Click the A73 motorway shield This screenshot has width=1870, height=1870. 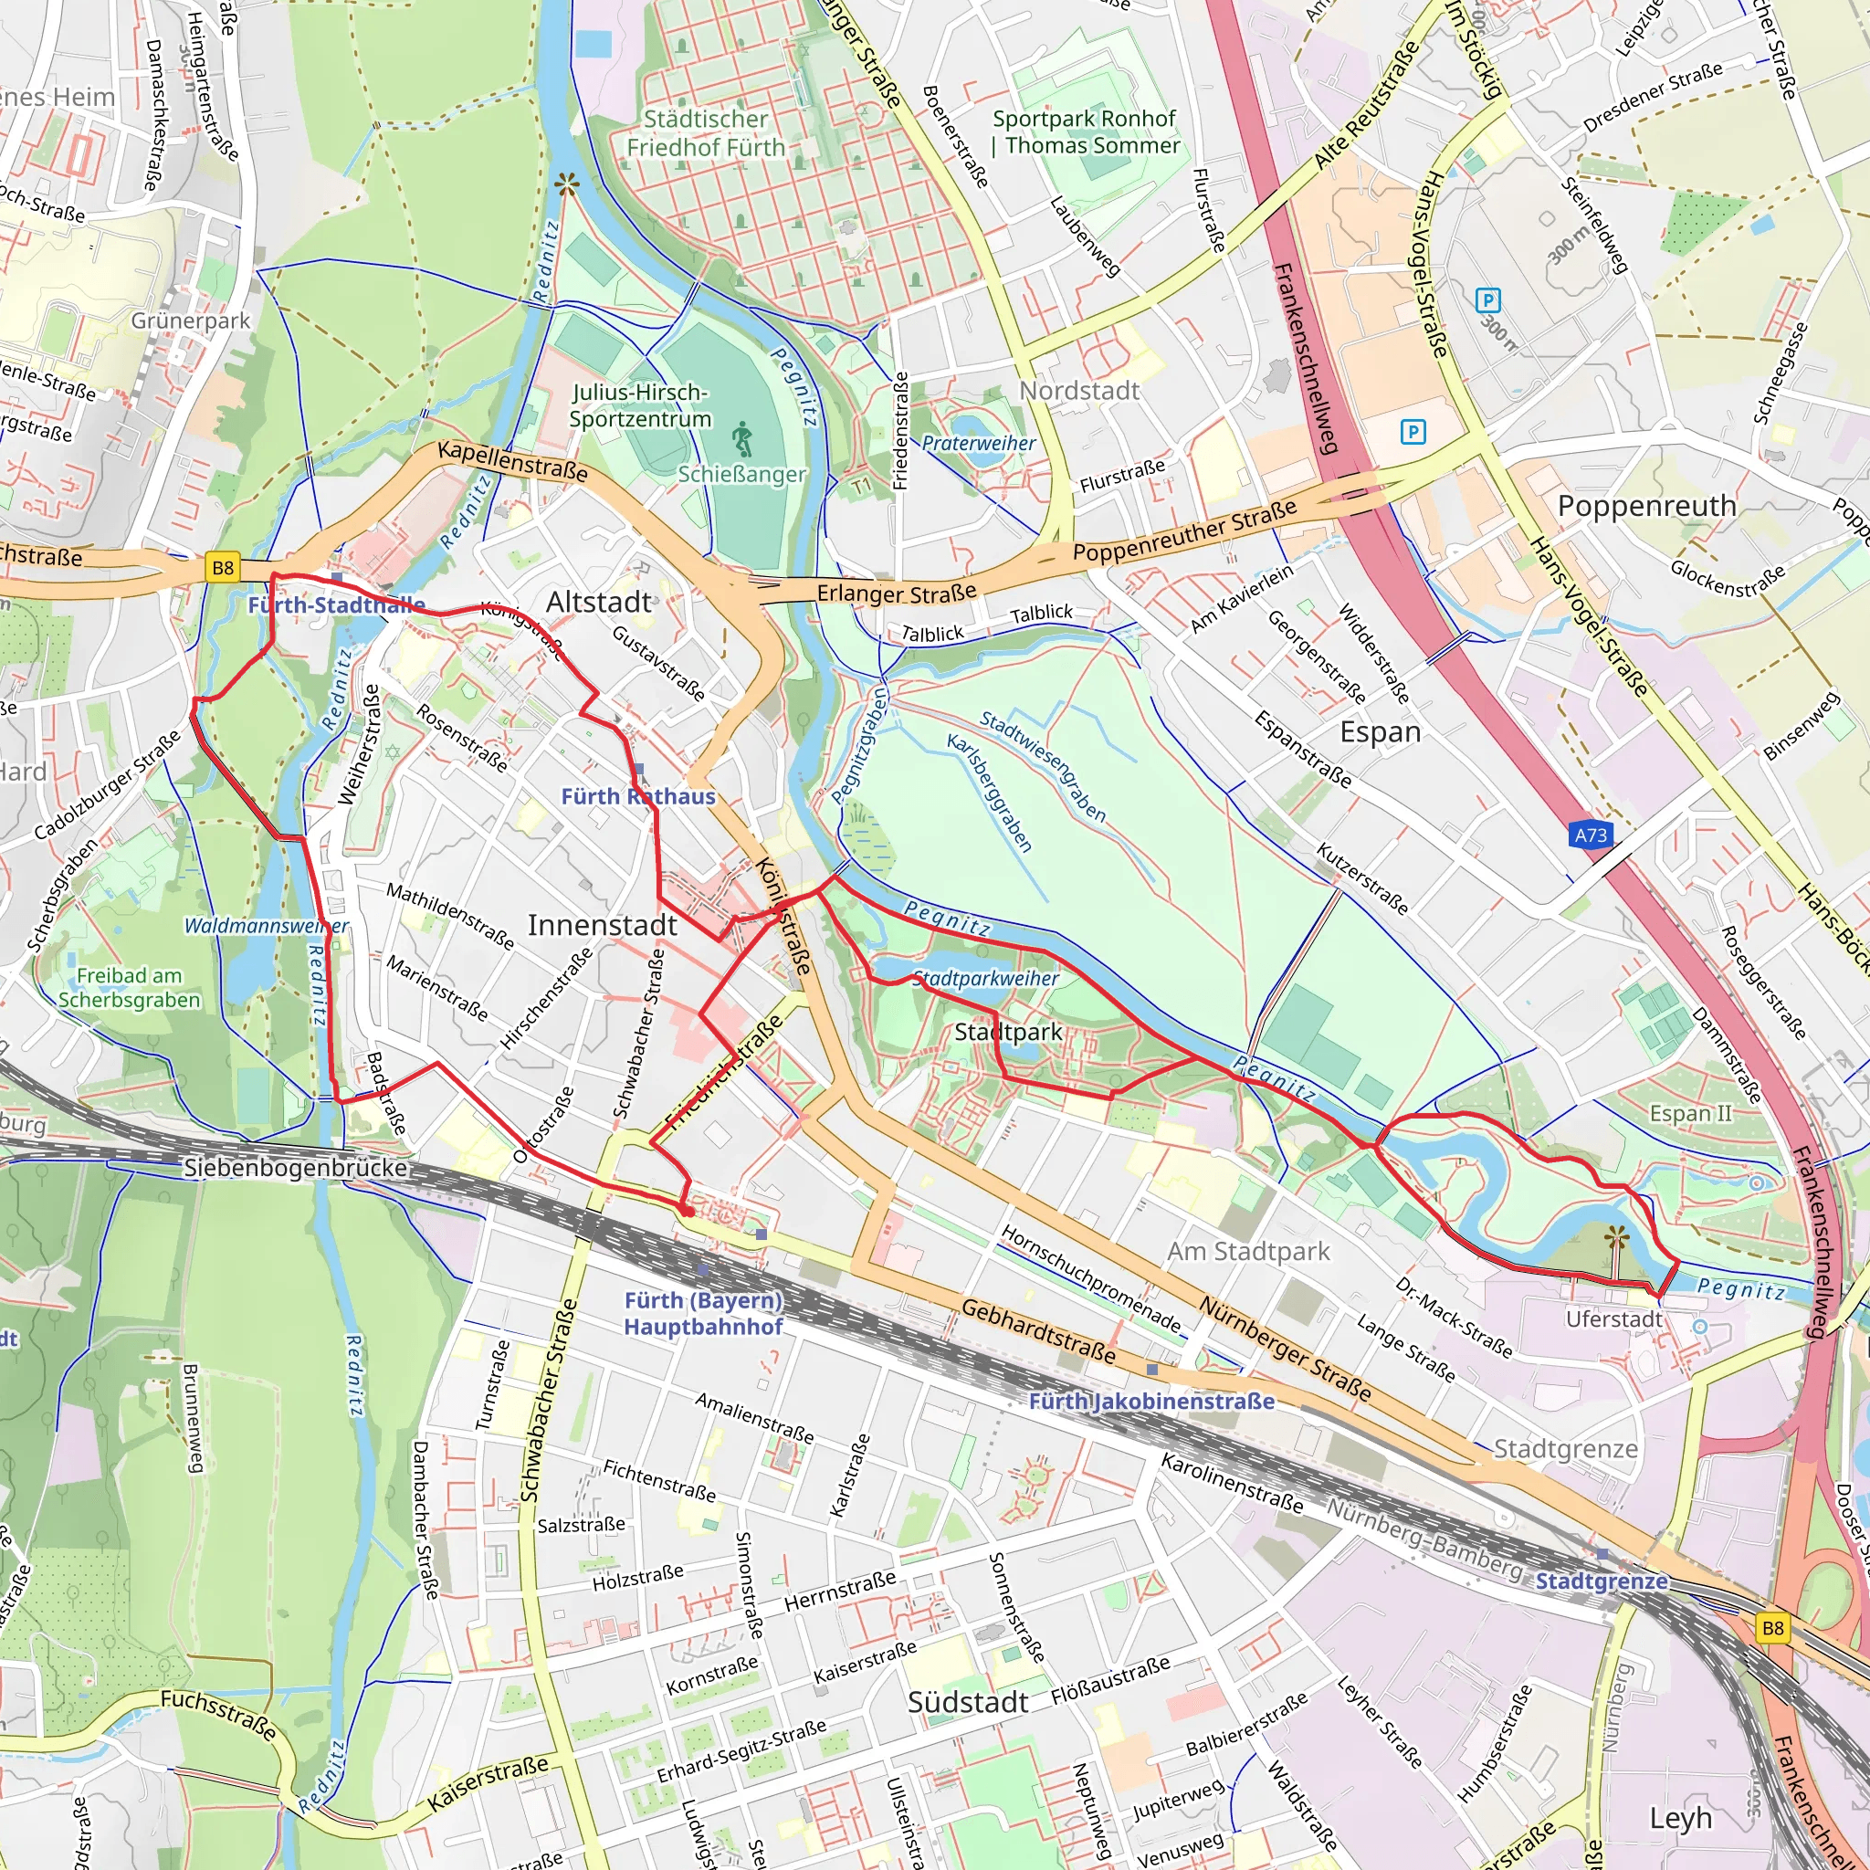point(1591,835)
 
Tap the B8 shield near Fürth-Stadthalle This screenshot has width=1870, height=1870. point(223,568)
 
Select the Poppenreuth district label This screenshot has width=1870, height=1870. point(1646,506)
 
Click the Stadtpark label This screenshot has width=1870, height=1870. point(1008,1032)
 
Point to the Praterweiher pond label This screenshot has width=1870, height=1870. point(978,443)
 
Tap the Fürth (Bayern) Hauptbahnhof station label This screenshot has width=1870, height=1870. point(703,1312)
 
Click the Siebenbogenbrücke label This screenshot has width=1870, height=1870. point(295,1168)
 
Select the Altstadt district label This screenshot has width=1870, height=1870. point(598,602)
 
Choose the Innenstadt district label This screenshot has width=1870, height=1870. point(602,925)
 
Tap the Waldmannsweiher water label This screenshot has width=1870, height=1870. point(265,925)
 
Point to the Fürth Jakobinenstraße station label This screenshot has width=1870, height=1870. point(1150,1401)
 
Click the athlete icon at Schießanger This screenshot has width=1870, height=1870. point(742,439)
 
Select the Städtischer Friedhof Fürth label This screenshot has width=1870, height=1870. point(706,133)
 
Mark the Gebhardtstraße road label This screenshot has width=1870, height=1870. point(1037,1333)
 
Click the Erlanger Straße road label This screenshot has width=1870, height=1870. point(897,593)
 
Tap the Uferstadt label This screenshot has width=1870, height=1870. point(1613,1319)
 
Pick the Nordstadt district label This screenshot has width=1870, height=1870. point(1079,391)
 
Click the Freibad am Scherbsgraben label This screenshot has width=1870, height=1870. point(129,987)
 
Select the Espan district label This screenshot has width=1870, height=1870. point(1380,731)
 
